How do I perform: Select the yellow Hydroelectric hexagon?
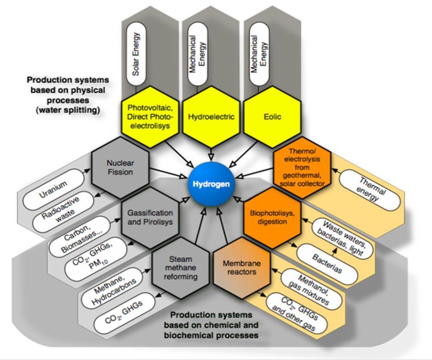tap(211, 117)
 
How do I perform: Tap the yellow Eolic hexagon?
tap(272, 117)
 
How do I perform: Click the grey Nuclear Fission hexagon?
tap(121, 167)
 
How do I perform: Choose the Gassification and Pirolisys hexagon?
tap(150, 217)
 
